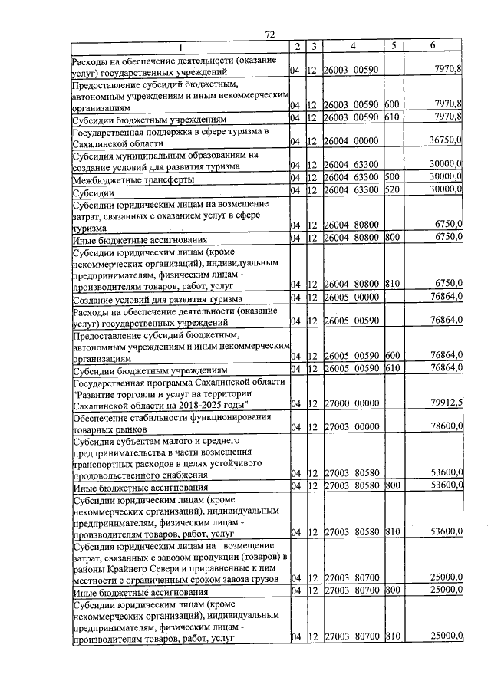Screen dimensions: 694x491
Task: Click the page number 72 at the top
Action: pos(269,35)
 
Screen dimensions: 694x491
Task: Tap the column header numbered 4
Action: pos(352,46)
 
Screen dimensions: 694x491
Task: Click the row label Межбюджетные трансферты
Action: pos(132,179)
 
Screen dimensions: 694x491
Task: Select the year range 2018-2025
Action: pos(203,404)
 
